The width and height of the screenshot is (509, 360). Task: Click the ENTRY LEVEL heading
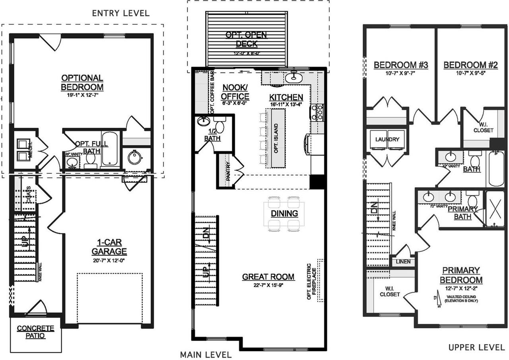[x=120, y=13]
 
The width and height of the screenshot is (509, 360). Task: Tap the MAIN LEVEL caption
[x=206, y=354]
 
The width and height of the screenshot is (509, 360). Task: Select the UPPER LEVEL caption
[x=477, y=347]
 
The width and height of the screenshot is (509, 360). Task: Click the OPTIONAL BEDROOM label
[x=82, y=82]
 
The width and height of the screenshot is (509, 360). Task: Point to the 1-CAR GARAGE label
[x=109, y=247]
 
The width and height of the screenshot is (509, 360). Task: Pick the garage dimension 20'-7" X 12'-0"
[x=109, y=261]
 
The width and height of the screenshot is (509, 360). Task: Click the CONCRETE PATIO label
[x=36, y=332]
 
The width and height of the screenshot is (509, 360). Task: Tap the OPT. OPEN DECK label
[x=247, y=39]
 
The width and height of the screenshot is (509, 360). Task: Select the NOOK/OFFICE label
[x=235, y=92]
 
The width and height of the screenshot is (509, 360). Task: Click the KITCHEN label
[x=286, y=97]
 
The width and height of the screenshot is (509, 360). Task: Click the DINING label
[x=285, y=214]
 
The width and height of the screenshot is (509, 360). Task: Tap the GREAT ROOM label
[x=268, y=277]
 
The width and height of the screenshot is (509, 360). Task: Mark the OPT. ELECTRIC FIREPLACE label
[x=311, y=280]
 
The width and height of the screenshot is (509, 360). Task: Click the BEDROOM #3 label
[x=401, y=65]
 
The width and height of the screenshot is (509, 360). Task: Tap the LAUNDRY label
[x=387, y=140]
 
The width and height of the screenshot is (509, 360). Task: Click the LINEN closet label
[x=403, y=262]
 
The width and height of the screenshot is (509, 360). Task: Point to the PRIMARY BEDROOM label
[x=461, y=275]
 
